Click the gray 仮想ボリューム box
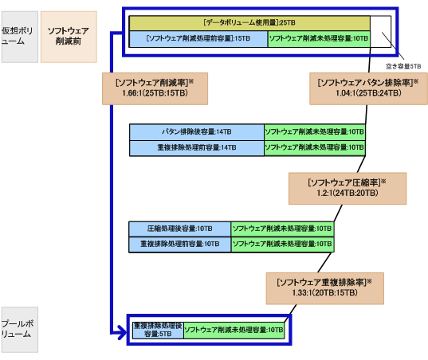point(18,37)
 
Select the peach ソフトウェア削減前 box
point(69,37)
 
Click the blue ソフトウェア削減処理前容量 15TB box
point(198,38)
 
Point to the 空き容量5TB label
point(404,66)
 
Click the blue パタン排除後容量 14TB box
point(196,131)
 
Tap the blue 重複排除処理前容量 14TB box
point(196,147)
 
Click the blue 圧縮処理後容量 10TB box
point(179,228)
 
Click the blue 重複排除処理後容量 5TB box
point(157,330)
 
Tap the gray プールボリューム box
point(18,329)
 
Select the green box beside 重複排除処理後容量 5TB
point(234,330)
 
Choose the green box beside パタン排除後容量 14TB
point(314,131)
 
